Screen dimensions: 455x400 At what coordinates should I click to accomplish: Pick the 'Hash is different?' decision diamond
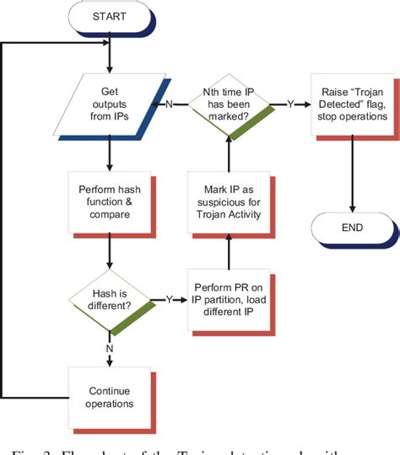pos(109,300)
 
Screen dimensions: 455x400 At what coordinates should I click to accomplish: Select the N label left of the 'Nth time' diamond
pos(170,105)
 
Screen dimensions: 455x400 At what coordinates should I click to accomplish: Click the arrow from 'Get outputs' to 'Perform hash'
pos(109,155)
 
